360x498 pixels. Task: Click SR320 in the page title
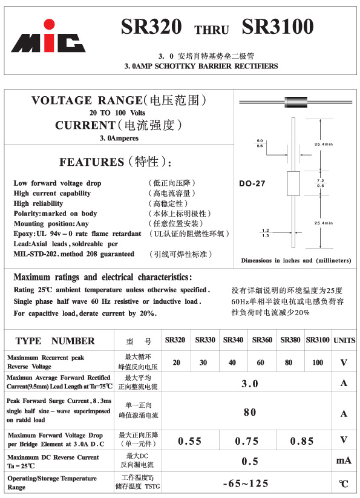151,27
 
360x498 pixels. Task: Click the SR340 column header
233,340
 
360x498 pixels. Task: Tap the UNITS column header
344,340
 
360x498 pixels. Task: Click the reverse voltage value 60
261,362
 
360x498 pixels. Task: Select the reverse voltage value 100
318,362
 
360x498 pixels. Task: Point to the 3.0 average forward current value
250,384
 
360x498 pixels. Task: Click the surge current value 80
250,412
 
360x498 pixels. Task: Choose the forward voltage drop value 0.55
189,441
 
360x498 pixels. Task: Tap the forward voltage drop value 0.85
303,441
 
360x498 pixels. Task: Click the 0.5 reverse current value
250,461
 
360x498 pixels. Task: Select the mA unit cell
344,461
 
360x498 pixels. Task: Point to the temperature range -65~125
246,483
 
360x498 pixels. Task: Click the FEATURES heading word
91,162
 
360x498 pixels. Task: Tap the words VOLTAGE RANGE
88,100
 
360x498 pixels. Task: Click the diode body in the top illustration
293,100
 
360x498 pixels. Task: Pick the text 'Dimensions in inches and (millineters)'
296,260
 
